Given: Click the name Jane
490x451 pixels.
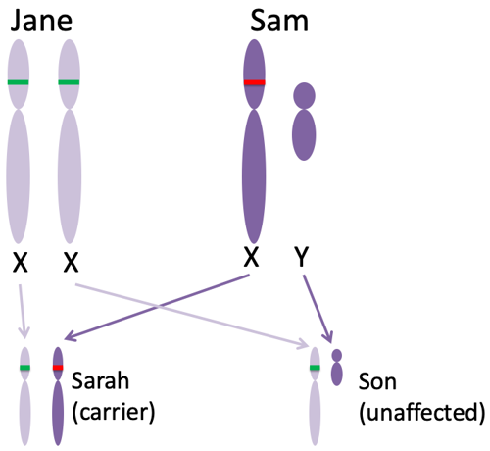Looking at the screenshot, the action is [x=41, y=21].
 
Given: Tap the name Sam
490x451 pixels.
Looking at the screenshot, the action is [x=279, y=21].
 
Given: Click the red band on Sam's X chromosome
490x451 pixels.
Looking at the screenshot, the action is [x=255, y=82].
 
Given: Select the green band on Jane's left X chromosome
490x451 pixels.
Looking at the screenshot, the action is [x=19, y=82].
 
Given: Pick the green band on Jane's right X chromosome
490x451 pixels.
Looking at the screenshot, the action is [x=69, y=82].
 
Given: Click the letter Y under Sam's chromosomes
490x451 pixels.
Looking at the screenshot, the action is [x=302, y=257].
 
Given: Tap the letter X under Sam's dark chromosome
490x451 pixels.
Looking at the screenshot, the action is [x=252, y=257].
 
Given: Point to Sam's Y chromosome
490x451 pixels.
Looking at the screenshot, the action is [x=304, y=122].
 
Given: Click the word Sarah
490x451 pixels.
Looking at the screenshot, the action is [x=100, y=380].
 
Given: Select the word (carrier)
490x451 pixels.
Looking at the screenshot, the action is [x=114, y=413].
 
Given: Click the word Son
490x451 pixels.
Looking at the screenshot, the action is [x=377, y=381].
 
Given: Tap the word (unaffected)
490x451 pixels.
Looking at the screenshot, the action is [x=422, y=413].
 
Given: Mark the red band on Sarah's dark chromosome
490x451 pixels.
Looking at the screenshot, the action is [x=58, y=368].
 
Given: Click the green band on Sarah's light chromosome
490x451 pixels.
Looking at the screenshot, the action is [x=24, y=368].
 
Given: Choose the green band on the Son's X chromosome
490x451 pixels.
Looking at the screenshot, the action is [x=315, y=368].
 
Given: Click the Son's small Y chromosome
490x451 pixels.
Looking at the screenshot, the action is [x=337, y=368].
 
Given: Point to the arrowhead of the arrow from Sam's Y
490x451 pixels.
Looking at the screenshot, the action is [x=328, y=338].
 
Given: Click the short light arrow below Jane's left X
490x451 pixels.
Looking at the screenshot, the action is [x=23, y=311].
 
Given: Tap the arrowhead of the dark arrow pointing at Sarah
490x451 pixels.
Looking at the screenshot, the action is [x=70, y=336].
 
